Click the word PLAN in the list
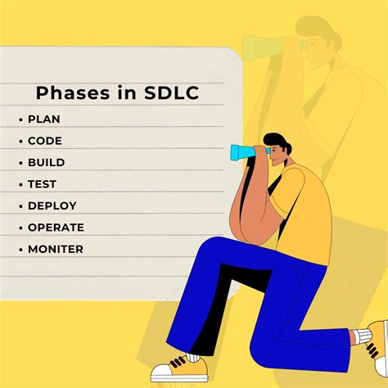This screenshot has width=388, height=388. [44, 120]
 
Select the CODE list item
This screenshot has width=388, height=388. [45, 141]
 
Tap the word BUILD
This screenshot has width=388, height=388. [47, 163]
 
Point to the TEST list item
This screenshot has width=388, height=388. [43, 184]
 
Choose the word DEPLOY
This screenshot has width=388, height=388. [52, 205]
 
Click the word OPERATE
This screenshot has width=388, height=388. [56, 228]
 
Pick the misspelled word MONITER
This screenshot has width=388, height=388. [56, 249]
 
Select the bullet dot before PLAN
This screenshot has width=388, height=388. [20, 120]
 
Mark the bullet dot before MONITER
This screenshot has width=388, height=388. [20, 249]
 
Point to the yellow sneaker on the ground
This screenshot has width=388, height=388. [177, 368]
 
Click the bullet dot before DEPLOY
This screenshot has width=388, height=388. [20, 205]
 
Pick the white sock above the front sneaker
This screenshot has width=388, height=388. [194, 357]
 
